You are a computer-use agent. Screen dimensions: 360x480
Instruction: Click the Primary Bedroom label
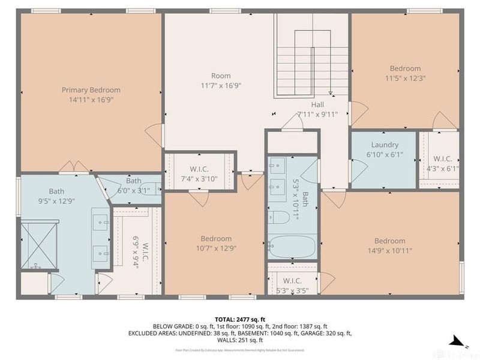pyautogui.click(x=91, y=90)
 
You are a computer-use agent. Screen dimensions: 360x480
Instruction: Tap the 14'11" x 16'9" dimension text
pyautogui.click(x=91, y=100)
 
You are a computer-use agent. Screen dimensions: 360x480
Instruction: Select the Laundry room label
pyautogui.click(x=385, y=145)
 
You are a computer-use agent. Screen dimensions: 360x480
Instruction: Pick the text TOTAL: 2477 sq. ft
pyautogui.click(x=240, y=319)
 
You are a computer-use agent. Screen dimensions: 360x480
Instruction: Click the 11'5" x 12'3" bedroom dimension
pyautogui.click(x=405, y=78)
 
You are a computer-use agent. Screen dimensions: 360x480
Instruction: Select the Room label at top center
pyautogui.click(x=221, y=76)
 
